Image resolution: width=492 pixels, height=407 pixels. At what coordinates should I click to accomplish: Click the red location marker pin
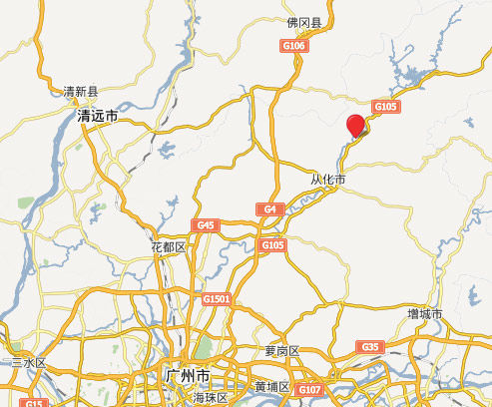pos(355,126)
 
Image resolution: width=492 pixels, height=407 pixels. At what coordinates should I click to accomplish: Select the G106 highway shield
pos(294,46)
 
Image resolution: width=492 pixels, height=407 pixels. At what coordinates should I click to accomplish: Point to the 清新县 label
pos(82,91)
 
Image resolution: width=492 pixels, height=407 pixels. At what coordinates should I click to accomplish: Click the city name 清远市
pos(98,116)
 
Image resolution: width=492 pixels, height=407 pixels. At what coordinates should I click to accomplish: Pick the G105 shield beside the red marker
pos(384,107)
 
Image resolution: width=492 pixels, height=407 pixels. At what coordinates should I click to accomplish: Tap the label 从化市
pos(327,180)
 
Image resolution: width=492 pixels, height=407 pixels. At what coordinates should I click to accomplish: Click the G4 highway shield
pos(269,209)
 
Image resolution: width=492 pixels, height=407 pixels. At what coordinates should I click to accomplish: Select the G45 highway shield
pos(205,225)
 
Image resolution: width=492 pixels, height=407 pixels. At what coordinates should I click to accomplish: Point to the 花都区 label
pos(168,246)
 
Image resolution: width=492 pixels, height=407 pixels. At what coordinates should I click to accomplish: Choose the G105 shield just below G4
pos(272,244)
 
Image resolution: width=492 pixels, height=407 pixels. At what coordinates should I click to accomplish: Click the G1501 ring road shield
pos(216,299)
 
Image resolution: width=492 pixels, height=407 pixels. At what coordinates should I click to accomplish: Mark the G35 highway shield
pos(370,346)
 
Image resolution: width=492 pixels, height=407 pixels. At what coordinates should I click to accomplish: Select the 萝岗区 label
pos(281,350)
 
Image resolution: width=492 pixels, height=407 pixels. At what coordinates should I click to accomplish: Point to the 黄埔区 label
pos(271,386)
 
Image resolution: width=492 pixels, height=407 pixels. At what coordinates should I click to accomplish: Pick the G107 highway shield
pos(309,389)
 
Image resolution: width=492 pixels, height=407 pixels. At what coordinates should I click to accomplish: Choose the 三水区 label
pos(28,363)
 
